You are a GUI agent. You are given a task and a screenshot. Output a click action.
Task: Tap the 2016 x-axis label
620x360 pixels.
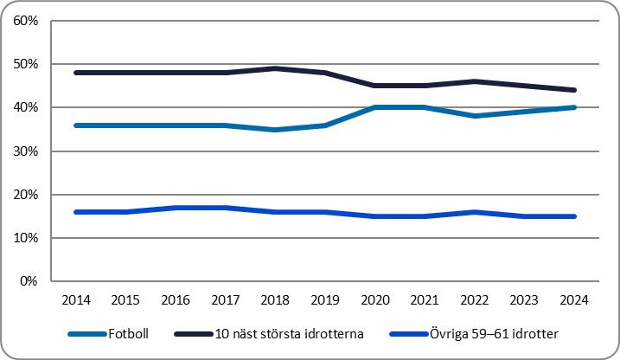tap(176, 300)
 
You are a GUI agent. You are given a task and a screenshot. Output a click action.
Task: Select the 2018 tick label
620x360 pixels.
tap(276, 300)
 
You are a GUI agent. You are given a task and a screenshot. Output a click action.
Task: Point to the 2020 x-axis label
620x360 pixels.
tap(375, 300)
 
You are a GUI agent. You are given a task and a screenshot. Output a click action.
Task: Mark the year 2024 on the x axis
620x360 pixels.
tap(575, 300)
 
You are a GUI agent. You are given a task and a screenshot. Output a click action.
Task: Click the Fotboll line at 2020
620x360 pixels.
tap(375, 107)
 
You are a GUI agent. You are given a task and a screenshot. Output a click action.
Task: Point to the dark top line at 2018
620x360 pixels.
tap(276, 68)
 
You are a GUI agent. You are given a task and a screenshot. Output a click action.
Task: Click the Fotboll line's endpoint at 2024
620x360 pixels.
tap(575, 107)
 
